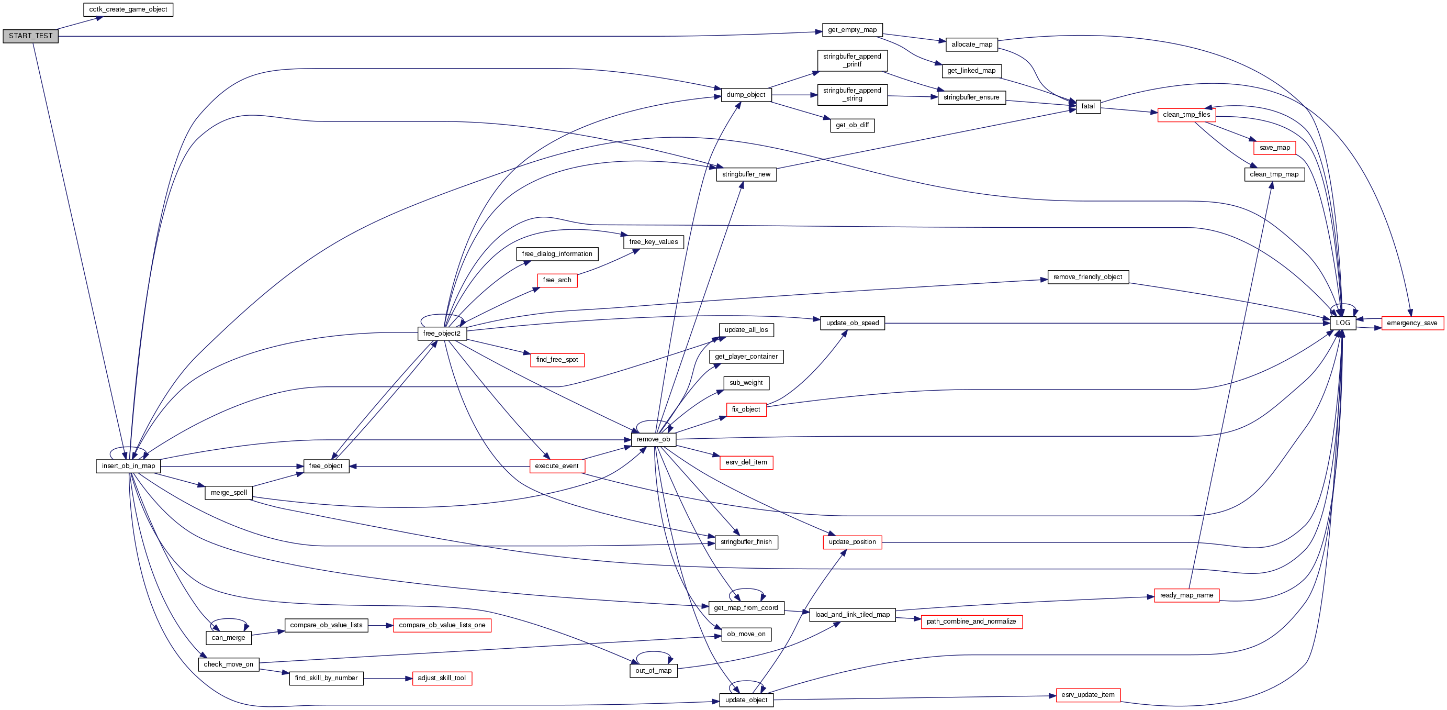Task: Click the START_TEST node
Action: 30,36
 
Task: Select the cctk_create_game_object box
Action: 128,9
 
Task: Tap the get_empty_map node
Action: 852,30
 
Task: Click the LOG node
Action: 1342,323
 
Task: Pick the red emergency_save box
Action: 1411,323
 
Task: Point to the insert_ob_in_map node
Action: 128,466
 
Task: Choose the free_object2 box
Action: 442,334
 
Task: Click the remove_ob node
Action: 653,440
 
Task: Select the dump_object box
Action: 745,95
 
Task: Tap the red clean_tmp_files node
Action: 1186,115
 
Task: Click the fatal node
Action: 1087,106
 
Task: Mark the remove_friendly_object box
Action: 1087,277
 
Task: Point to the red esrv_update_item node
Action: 1087,695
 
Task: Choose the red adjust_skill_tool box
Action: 442,678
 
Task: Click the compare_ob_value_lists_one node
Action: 442,625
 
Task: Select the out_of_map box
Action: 653,671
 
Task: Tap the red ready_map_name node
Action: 1186,595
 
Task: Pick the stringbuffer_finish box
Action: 746,542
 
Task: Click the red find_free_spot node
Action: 557,360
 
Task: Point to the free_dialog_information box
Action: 557,254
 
